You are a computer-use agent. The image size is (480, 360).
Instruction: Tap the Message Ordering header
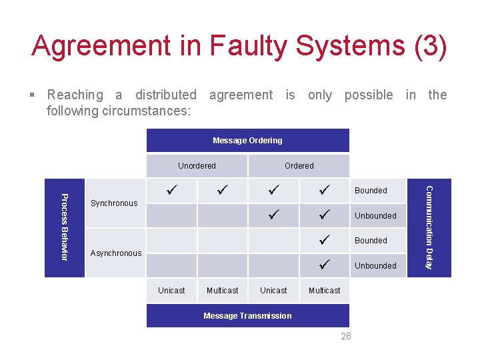coord(247,140)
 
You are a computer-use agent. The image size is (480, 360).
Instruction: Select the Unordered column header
coord(197,165)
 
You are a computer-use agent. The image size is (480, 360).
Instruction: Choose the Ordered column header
coord(299,165)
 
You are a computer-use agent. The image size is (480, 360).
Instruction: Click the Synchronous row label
coord(114,203)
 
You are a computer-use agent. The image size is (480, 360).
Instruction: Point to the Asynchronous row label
coord(116,253)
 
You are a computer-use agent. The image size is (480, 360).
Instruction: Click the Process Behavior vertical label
coord(64,227)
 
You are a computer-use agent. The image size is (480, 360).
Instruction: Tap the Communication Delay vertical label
coord(430,227)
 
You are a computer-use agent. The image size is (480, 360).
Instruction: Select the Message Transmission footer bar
coord(247,316)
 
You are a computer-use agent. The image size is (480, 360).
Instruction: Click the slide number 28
coord(345,336)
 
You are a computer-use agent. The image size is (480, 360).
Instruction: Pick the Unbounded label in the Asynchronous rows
coord(375,266)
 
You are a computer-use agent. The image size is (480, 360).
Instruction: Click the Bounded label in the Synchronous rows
coord(371,191)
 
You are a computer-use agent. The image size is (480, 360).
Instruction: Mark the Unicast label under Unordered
coord(171,291)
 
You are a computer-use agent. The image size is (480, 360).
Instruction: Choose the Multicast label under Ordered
coord(325,291)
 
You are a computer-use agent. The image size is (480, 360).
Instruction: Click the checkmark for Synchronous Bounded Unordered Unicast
coord(171,191)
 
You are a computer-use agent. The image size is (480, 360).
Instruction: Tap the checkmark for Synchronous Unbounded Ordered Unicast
coord(273,215)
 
